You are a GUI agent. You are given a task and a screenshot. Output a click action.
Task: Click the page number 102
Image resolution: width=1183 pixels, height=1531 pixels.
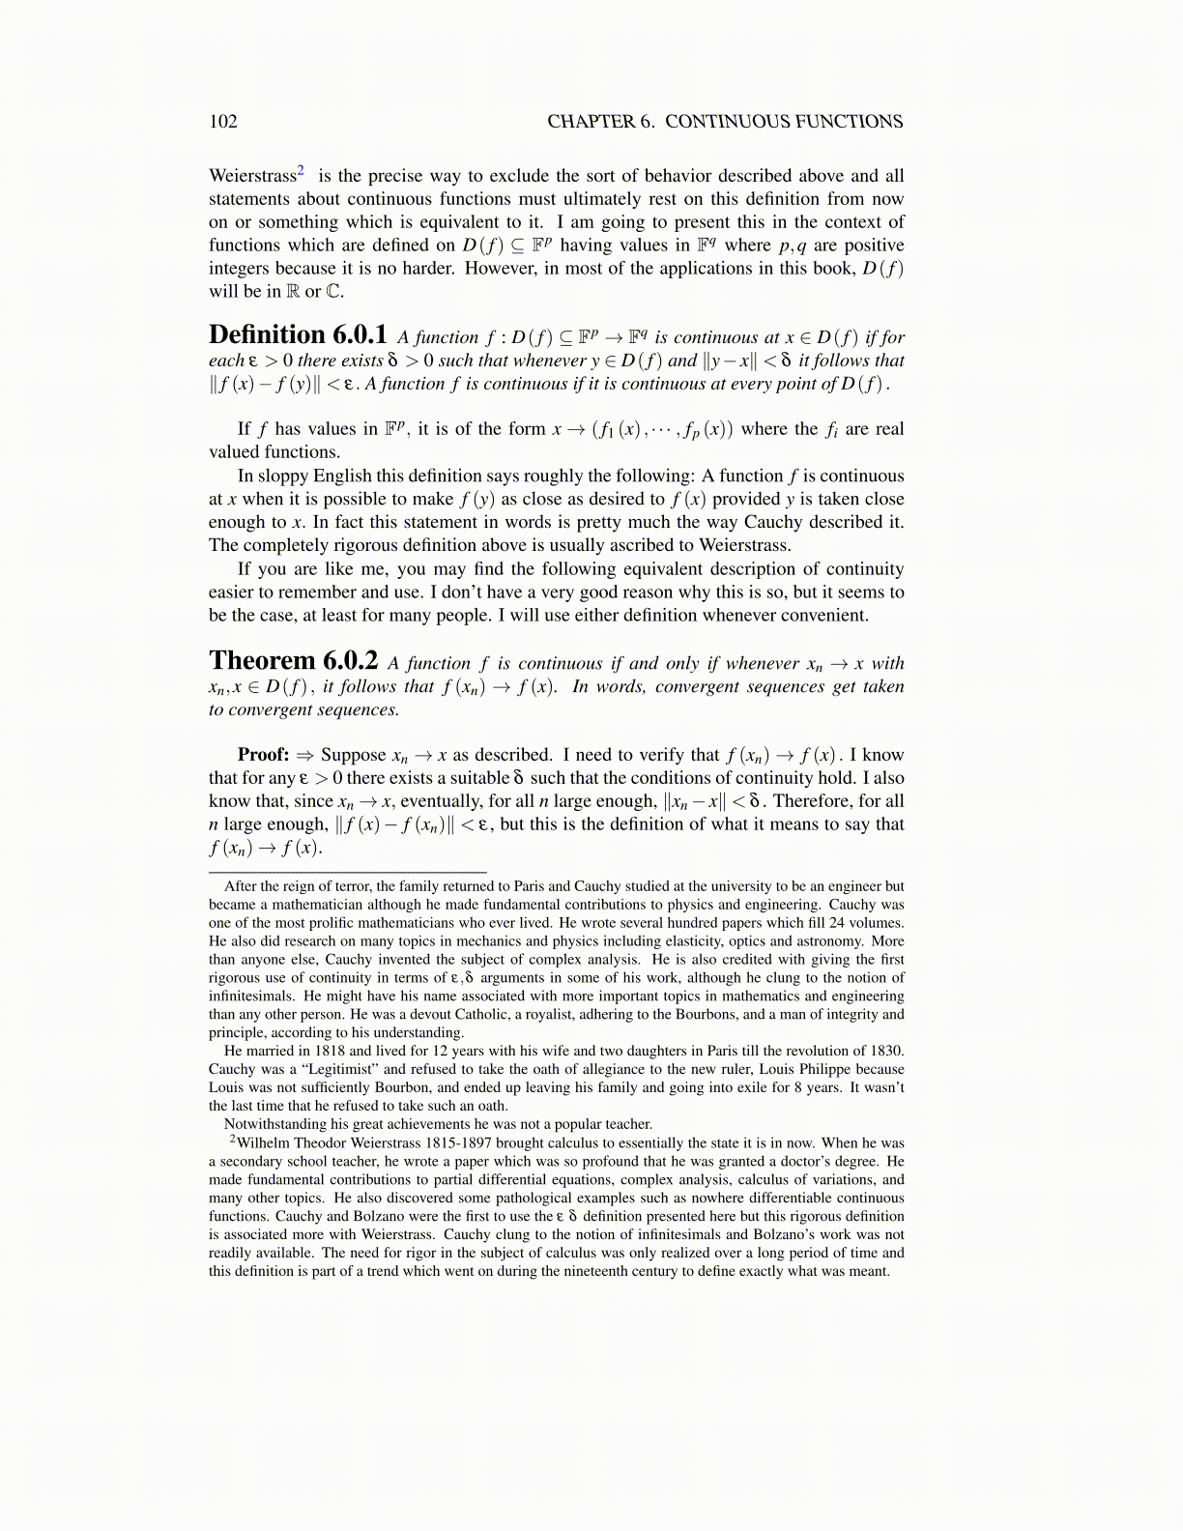(223, 122)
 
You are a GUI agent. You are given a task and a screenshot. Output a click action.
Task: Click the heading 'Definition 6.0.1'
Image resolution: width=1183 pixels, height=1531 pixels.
(298, 335)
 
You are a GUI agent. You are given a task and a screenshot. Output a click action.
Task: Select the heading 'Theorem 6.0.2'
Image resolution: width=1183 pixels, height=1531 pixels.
(294, 661)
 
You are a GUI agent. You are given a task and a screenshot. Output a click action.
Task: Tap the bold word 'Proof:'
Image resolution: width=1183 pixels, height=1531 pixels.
(264, 755)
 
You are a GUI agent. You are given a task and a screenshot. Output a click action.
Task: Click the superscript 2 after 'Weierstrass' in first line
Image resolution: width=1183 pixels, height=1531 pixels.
(302, 171)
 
